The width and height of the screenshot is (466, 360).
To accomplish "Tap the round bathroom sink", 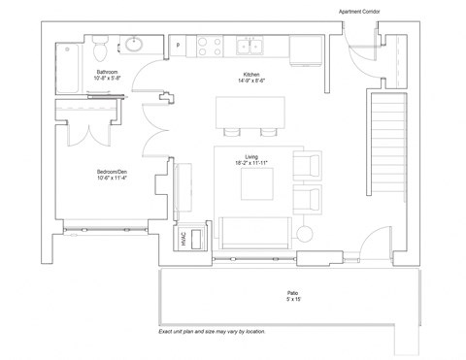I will pos(132,45).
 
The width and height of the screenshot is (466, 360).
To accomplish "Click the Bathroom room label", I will pos(107,72).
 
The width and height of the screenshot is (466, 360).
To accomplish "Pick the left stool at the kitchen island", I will pos(232,132).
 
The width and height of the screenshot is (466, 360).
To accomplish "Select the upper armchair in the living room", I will pos(308,166).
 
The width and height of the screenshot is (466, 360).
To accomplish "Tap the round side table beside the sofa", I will pos(305,233).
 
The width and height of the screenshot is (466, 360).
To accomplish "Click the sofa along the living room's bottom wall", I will pos(254,232).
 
